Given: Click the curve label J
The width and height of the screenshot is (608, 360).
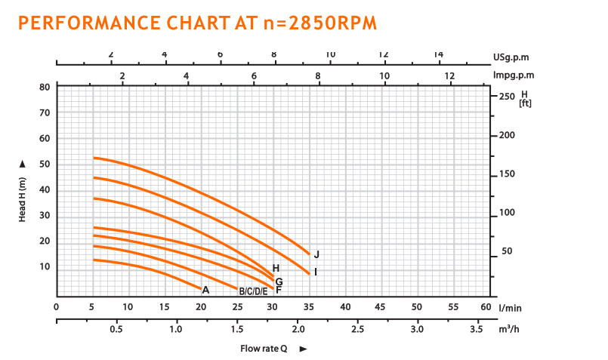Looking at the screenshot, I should point(317,254).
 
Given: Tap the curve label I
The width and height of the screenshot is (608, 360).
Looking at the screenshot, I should point(315,271).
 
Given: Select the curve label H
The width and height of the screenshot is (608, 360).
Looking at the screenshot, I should point(276,268).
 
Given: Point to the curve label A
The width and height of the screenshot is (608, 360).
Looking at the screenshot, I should point(205,289).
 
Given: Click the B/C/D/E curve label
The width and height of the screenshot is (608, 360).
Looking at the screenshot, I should point(254,291).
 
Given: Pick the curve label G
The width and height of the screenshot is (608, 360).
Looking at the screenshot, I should point(279,281).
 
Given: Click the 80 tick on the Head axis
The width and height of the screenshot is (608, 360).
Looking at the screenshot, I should point(45,87).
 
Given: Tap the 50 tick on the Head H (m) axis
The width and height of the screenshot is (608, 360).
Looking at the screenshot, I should point(45,164).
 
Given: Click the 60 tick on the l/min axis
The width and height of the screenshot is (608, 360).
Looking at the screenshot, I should point(486,307).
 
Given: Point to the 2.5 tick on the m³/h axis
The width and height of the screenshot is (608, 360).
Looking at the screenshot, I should point(357,330).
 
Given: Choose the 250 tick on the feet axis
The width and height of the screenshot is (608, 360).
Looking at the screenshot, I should point(506,96).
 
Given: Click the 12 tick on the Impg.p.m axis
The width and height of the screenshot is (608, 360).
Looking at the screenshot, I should point(450,75).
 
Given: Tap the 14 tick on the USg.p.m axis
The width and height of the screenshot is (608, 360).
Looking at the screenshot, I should point(438,54).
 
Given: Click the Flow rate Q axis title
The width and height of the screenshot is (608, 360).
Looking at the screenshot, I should point(264,349).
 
